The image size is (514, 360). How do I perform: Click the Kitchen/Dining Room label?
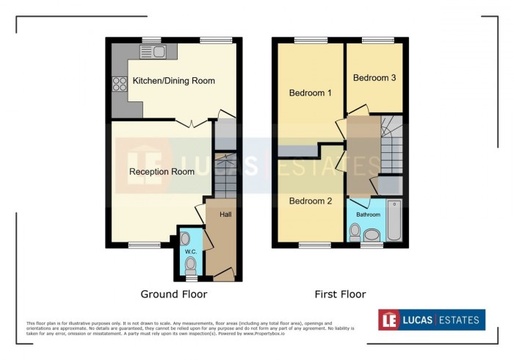click(x=173, y=81)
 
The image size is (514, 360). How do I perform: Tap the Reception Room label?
click(x=162, y=172)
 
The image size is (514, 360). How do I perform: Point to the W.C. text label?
click(x=190, y=252)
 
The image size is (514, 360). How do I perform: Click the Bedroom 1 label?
click(x=310, y=93)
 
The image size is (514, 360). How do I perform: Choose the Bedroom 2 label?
click(x=310, y=201)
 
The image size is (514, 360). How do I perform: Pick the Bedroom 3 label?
click(x=374, y=78)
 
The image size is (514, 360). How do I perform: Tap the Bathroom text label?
click(x=369, y=215)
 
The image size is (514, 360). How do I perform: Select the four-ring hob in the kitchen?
click(x=119, y=84)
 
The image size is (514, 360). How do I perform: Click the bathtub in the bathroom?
click(x=394, y=220)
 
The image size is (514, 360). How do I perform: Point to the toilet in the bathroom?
click(x=355, y=232)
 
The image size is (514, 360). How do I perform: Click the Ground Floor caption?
click(x=173, y=295)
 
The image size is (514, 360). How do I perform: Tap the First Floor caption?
click(x=340, y=295)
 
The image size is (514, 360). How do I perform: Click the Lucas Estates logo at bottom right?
click(x=431, y=320)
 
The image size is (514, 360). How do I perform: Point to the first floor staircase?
click(x=391, y=144)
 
